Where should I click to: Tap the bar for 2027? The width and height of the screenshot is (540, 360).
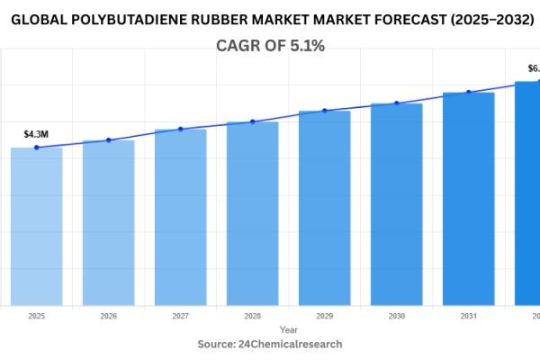(x=180, y=218)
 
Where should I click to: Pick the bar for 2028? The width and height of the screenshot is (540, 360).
(x=252, y=214)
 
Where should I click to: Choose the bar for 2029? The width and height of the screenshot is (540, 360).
(x=324, y=209)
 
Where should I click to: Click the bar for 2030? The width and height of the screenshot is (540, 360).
(x=396, y=205)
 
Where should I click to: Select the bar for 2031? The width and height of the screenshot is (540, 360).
(x=468, y=200)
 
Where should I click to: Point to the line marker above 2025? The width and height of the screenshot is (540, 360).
(x=36, y=147)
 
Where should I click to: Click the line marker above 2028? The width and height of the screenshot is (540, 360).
(x=252, y=121)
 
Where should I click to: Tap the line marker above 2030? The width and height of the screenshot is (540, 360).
(x=396, y=103)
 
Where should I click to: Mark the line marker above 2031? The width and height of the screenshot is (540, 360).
(x=468, y=92)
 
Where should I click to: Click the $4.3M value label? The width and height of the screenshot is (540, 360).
(x=36, y=134)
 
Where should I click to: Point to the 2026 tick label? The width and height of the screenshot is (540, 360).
(x=108, y=316)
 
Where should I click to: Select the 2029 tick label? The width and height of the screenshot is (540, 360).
(x=324, y=316)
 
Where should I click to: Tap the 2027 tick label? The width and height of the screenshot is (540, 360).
(x=180, y=316)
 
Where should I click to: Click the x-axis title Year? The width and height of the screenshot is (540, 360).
(x=288, y=330)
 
